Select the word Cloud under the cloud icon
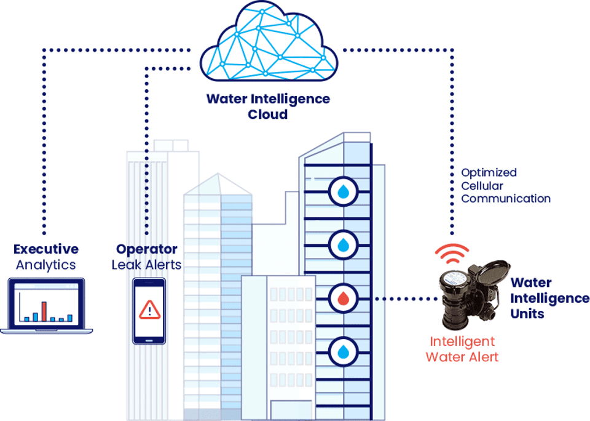click(x=267, y=114)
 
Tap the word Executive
click(x=46, y=249)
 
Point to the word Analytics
click(x=46, y=265)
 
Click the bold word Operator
click(x=147, y=249)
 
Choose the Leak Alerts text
click(x=147, y=265)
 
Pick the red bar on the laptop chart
click(x=44, y=311)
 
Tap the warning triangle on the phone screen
click(x=149, y=310)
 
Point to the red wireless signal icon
click(x=452, y=252)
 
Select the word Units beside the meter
click(x=527, y=313)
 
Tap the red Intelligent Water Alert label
click(x=462, y=349)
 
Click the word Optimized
click(x=489, y=172)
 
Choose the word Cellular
click(x=482, y=185)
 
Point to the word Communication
click(x=506, y=198)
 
